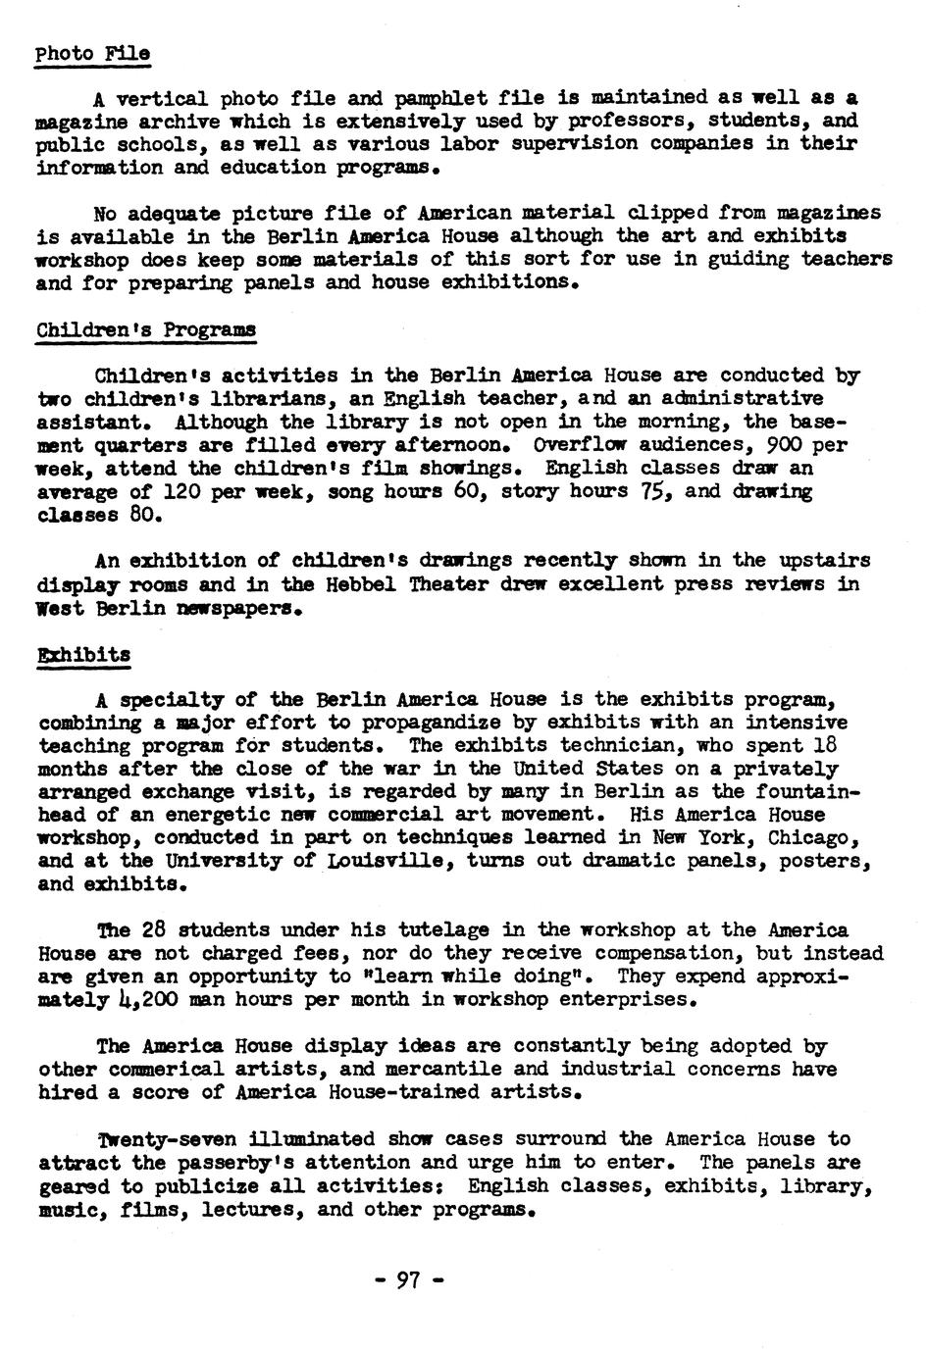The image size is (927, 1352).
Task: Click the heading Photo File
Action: [92, 53]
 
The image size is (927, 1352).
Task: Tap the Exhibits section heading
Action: [83, 654]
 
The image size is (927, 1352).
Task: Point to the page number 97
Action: [408, 1279]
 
